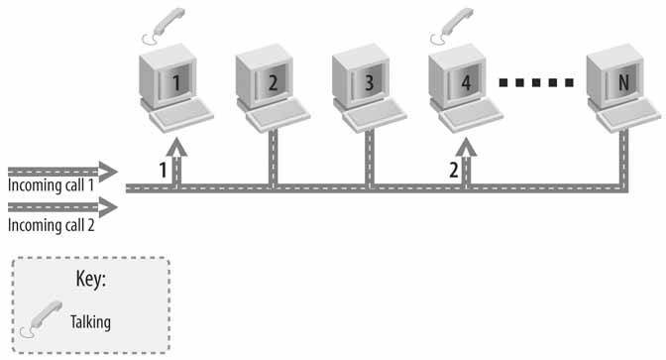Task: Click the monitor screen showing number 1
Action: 176,82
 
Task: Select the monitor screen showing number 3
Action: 370,82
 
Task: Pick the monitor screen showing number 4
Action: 466,82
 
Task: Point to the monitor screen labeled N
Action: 623,82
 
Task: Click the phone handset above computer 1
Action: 164,26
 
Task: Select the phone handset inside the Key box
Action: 42,318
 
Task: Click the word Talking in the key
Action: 90,322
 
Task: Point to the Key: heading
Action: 91,279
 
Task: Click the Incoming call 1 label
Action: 51,185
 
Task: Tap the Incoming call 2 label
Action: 51,225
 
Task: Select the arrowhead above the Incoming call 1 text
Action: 108,172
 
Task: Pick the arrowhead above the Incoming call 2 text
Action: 108,207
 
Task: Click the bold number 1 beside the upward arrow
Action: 163,170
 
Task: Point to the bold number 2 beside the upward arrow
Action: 454,170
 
